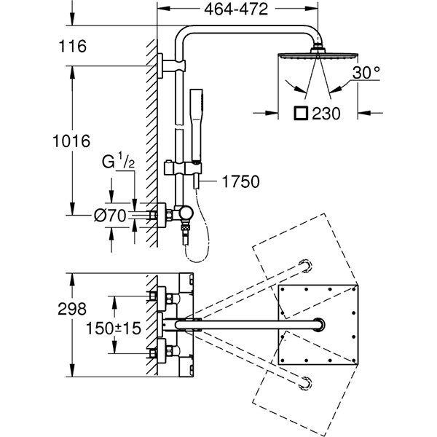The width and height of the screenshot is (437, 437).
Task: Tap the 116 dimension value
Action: pos(72,47)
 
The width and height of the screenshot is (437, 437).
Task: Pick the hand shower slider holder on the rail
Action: pos(192,168)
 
